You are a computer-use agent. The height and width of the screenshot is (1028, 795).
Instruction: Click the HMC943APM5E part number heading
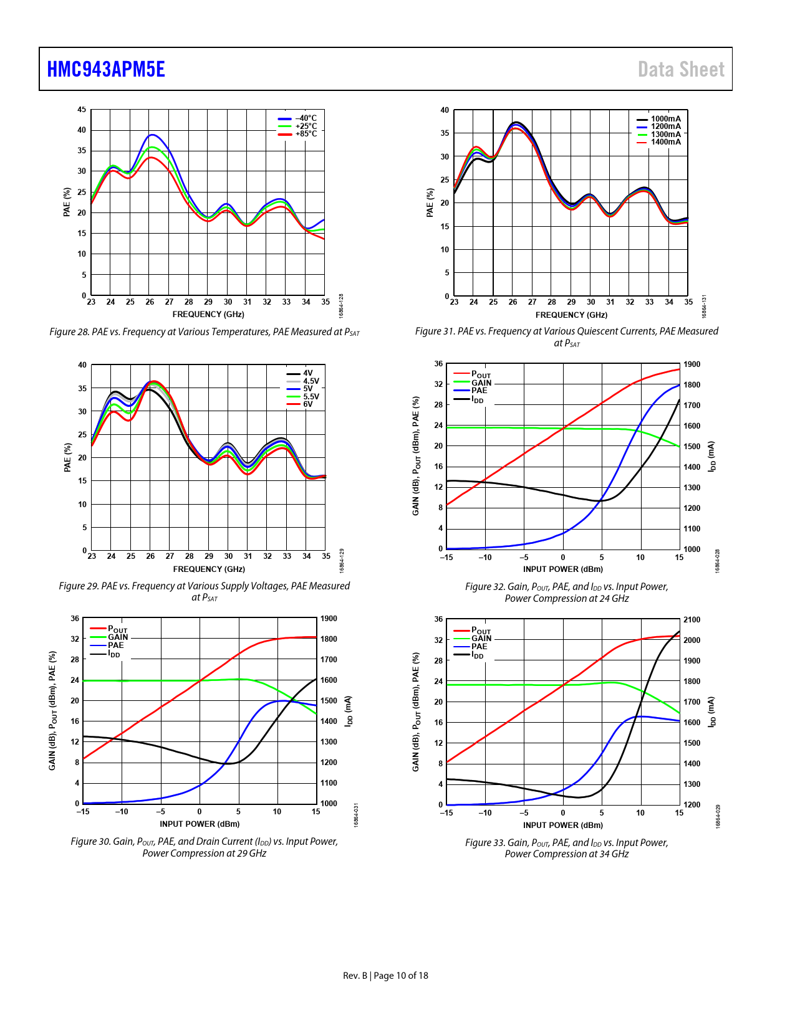pos(106,69)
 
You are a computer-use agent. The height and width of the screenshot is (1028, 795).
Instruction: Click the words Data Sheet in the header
pos(681,69)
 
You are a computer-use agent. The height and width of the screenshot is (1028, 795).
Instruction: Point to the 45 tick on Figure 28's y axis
pos(82,110)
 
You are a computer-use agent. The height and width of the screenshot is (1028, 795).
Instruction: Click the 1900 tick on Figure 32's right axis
pos(691,364)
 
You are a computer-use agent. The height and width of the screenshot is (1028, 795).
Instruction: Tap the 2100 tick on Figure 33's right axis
pos(691,620)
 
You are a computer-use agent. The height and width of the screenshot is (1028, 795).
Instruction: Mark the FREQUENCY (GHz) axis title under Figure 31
pos(571,315)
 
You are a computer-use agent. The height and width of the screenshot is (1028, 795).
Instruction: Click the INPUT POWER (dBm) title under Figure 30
pos(200,824)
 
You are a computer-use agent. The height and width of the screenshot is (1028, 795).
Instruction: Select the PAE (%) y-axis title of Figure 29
pos(67,457)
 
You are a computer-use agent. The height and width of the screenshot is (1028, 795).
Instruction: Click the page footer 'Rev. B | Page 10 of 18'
pos(385,976)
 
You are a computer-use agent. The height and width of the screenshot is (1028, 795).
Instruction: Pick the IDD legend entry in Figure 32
pos(477,399)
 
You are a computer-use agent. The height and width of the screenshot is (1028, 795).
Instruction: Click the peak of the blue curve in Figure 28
pos(152,135)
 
